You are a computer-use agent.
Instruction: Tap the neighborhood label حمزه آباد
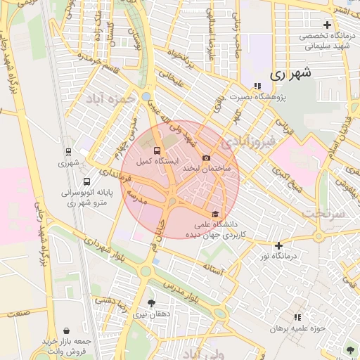(110, 100)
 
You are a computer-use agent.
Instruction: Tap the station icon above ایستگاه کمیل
(156, 150)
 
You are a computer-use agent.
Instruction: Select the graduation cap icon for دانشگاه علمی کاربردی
(214, 214)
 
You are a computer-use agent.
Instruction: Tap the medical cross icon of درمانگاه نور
(279, 245)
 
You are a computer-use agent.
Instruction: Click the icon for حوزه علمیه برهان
(297, 318)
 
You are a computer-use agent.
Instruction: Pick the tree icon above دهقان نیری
(151, 304)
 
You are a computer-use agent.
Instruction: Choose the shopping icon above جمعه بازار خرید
(65, 330)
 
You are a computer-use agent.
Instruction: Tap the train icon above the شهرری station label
(68, 152)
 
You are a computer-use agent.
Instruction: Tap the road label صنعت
(19, 311)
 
